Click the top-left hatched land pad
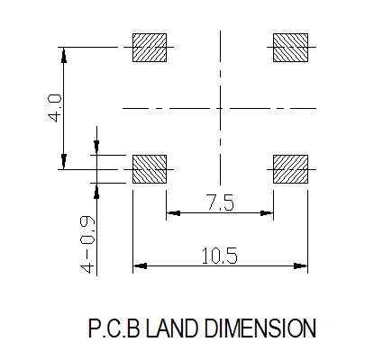pyautogui.click(x=150, y=48)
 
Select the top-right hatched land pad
pyautogui.click(x=290, y=48)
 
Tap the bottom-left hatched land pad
pyautogui.click(x=150, y=169)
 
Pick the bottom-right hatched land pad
pyautogui.click(x=290, y=169)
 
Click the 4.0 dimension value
pyautogui.click(x=55, y=108)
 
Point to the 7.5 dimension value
pyautogui.click(x=220, y=202)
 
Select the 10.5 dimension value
pyautogui.click(x=219, y=256)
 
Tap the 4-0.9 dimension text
pyautogui.click(x=87, y=244)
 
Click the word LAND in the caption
pyautogui.click(x=172, y=328)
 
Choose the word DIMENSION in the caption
pyautogui.click(x=260, y=328)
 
